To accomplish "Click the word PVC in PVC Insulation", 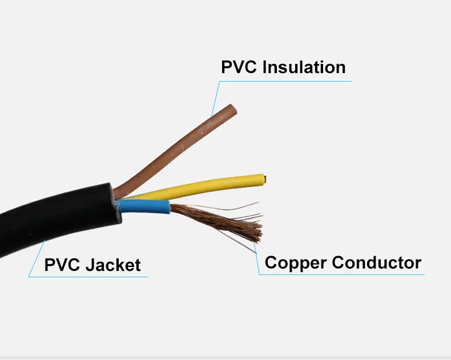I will [239, 67].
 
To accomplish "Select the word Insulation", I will [304, 67].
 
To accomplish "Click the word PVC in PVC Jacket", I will [61, 265].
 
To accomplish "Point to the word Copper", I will [296, 263].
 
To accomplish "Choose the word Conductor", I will [377, 263].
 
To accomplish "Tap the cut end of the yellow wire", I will [264, 179].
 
